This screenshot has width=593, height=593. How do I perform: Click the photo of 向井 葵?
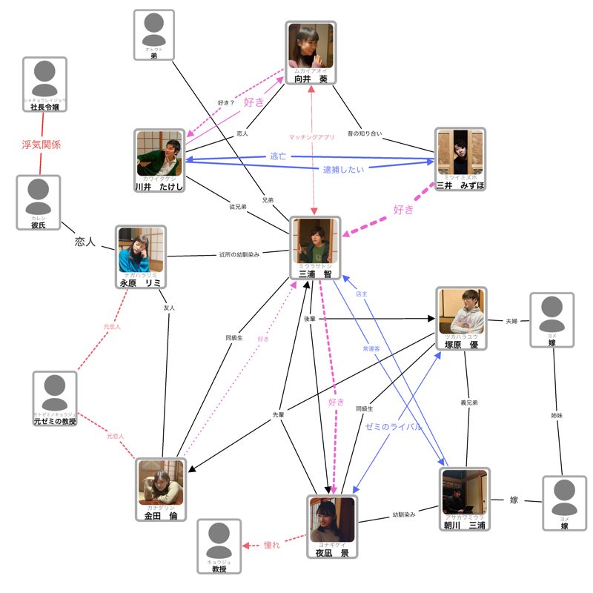tap(311, 47)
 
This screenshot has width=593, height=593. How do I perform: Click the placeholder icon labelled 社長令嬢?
tap(44, 80)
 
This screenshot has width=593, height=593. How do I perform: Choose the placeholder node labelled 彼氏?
tap(39, 198)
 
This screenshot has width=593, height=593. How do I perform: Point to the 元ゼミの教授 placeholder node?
tap(55, 394)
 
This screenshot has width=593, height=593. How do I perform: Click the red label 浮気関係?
tap(41, 145)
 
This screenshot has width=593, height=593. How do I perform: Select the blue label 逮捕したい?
tap(343, 170)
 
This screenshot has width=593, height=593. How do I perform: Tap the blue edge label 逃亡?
tap(277, 157)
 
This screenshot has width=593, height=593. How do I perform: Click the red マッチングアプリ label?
tap(311, 137)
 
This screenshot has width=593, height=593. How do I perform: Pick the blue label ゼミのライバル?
tap(394, 427)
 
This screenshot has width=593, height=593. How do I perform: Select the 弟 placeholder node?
tap(154, 34)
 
